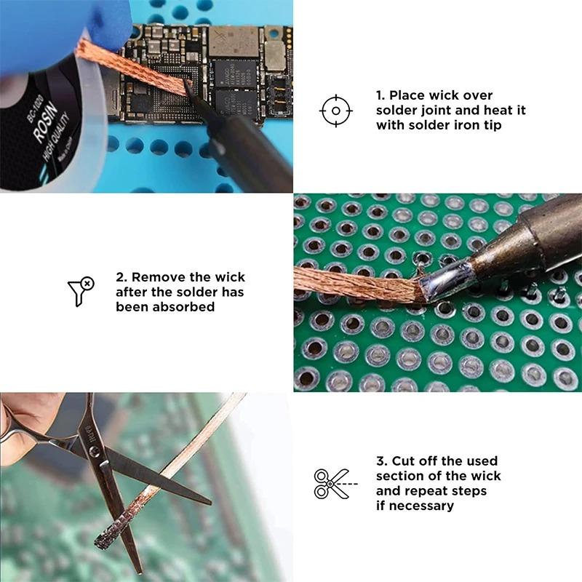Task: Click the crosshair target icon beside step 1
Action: point(335,111)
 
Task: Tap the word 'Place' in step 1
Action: point(409,95)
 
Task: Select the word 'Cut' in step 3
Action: point(405,461)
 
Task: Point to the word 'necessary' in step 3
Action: point(421,505)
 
